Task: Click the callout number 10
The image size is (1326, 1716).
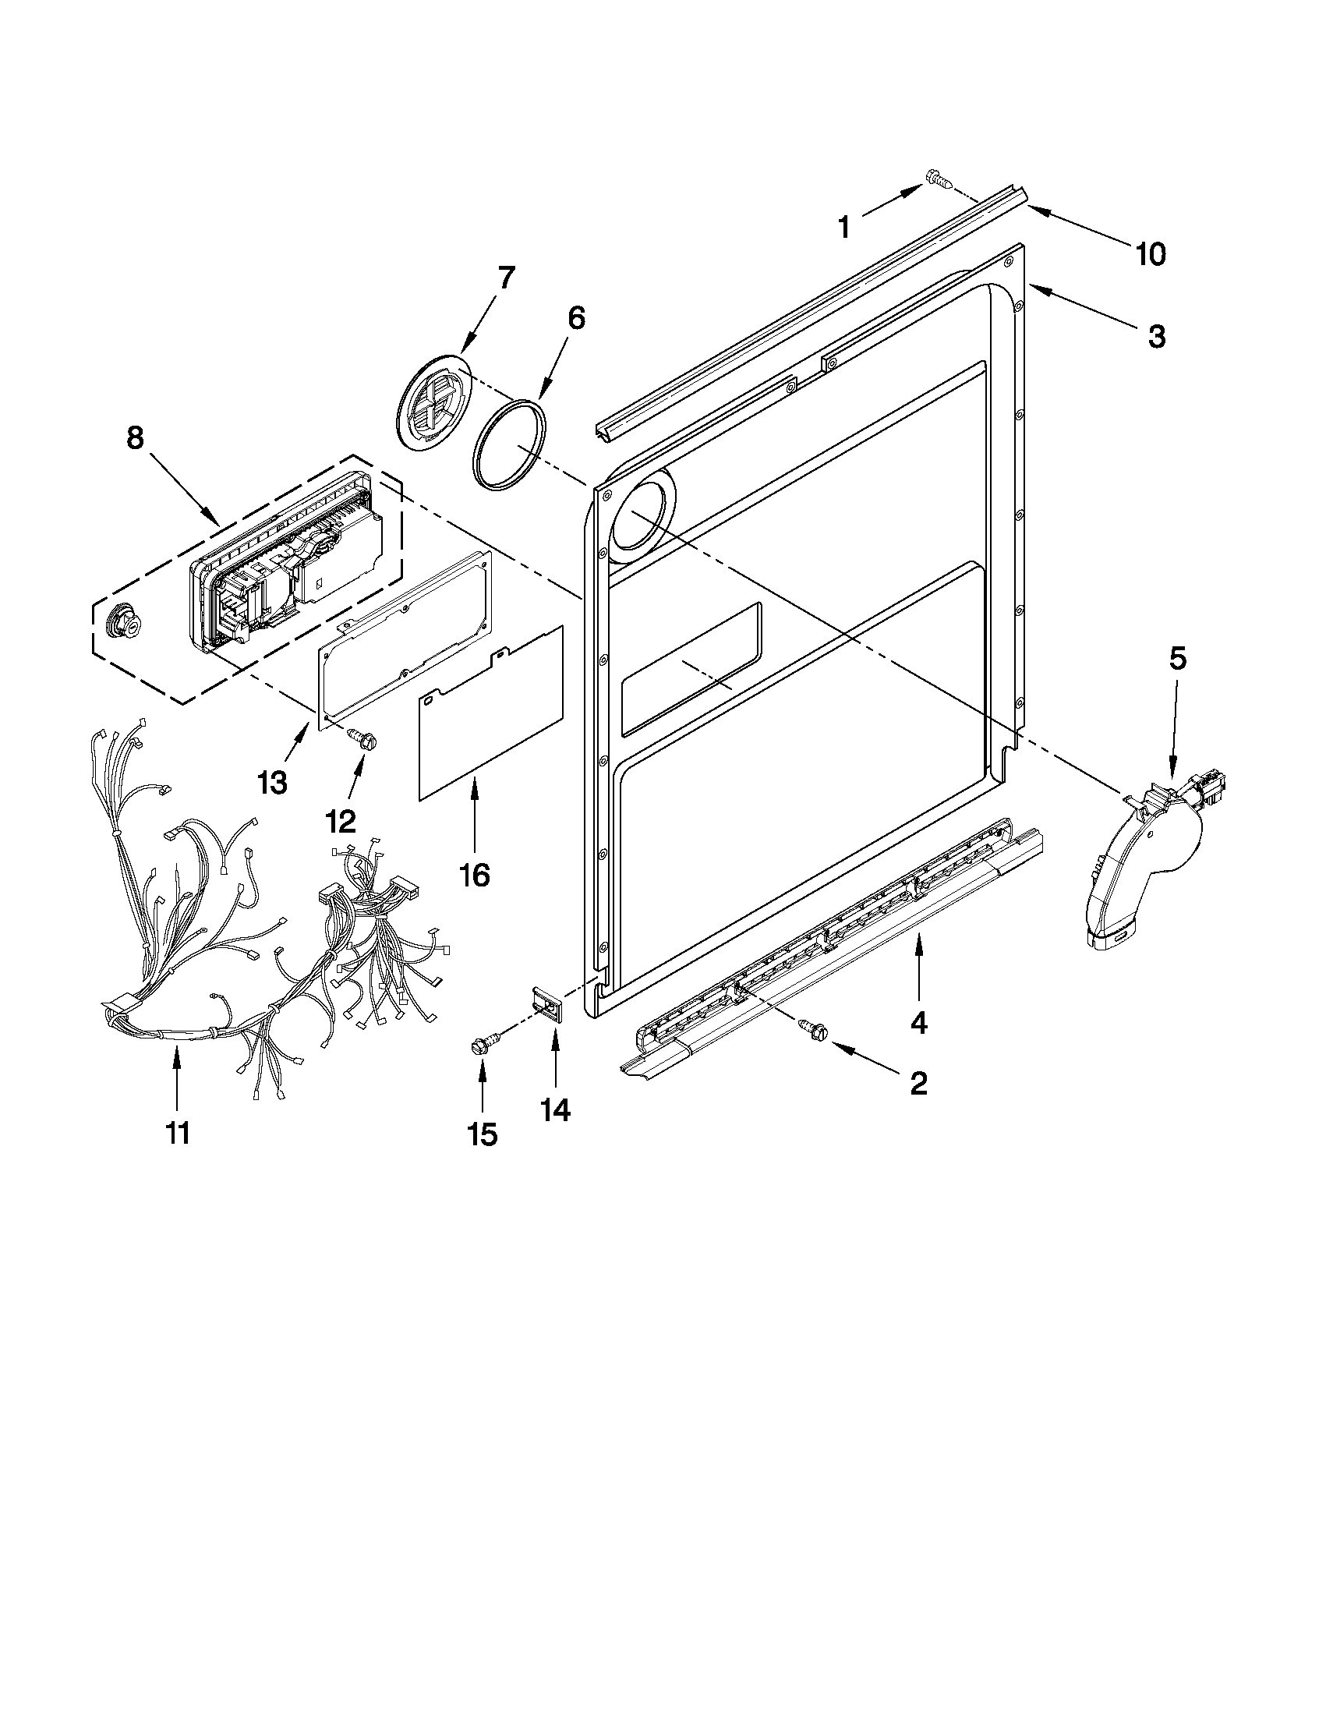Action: point(1151,254)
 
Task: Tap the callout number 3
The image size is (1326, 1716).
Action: point(1156,336)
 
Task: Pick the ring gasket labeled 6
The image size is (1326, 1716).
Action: point(509,445)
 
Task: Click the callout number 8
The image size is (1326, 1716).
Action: point(135,437)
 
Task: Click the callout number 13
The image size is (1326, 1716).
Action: point(273,782)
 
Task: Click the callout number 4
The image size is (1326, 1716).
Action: point(918,1021)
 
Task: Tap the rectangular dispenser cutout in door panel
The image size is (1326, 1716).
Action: point(691,670)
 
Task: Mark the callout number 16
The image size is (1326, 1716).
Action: point(475,875)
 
